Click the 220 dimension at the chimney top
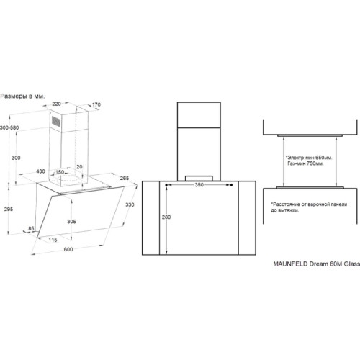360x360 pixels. pyautogui.click(x=56, y=104)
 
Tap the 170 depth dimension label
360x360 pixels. pyautogui.click(x=96, y=104)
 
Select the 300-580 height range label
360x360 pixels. pyautogui.click(x=9, y=127)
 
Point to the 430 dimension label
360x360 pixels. pyautogui.click(x=40, y=171)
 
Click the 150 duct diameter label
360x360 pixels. pyautogui.click(x=60, y=172)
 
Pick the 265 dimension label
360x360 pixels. pyautogui.click(x=125, y=178)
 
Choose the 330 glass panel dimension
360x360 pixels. pyautogui.click(x=130, y=204)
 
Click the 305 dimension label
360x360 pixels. pyautogui.click(x=71, y=222)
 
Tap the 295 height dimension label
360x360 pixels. pyautogui.click(x=9, y=209)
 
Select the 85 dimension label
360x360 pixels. pyautogui.click(x=31, y=229)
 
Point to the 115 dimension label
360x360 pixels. pyautogui.click(x=53, y=240)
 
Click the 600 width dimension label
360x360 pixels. pyautogui.click(x=68, y=249)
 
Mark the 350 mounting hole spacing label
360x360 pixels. pyautogui.click(x=199, y=185)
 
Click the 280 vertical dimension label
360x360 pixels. pyautogui.click(x=166, y=217)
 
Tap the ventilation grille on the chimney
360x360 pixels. pyautogui.click(x=56, y=121)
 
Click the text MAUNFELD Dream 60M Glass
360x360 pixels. pyautogui.click(x=317, y=264)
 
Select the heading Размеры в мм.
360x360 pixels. pyautogui.click(x=22, y=96)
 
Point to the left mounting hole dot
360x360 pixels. pyautogui.click(x=166, y=185)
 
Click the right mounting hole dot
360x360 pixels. pyautogui.click(x=231, y=185)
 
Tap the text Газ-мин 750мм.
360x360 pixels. pyautogui.click(x=305, y=163)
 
